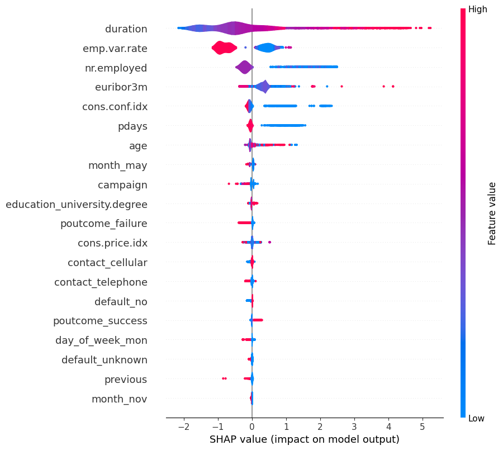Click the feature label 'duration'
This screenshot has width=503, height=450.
coord(126,29)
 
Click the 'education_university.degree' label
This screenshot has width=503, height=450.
coord(77,204)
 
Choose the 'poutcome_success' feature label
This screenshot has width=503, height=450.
coord(100,321)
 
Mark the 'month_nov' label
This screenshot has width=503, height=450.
coord(119,399)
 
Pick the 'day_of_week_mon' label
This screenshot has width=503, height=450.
coord(101,340)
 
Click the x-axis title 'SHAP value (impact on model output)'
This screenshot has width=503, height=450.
coord(304,439)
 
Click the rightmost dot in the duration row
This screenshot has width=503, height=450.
coord(429,27)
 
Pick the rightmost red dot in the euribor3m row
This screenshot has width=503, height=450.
coord(393,86)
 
